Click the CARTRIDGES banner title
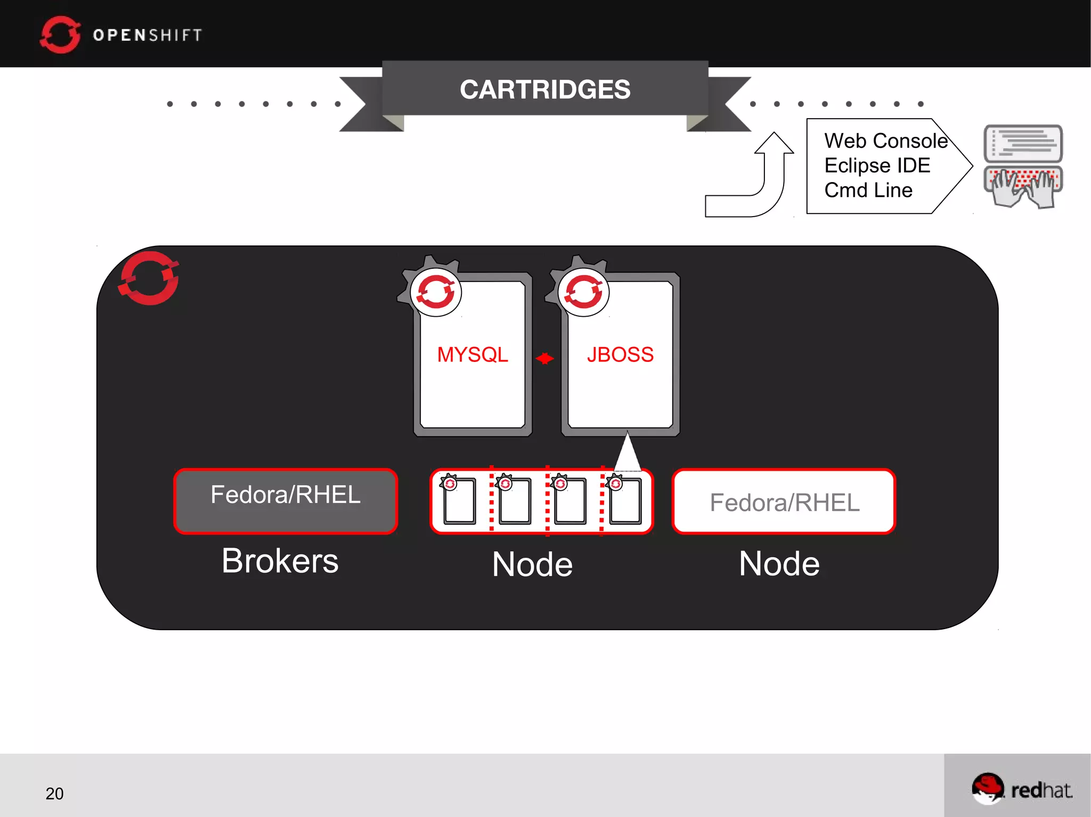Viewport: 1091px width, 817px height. (545, 89)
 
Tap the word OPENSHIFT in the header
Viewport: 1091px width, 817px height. (148, 35)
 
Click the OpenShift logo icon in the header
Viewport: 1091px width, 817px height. (60, 35)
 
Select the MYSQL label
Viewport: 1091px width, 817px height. (473, 354)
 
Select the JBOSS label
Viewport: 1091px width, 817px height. (620, 354)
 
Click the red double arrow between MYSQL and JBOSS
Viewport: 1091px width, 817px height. (544, 359)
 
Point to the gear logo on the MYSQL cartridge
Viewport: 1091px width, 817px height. (435, 291)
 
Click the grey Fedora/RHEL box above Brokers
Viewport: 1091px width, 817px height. (286, 500)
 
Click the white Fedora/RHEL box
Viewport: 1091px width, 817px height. (784, 502)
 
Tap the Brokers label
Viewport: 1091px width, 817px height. (280, 561)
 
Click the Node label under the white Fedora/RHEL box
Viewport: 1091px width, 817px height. (779, 564)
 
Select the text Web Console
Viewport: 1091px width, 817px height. (886, 141)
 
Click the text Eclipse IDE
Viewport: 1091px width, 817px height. (877, 166)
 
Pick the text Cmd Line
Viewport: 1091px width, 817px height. (868, 190)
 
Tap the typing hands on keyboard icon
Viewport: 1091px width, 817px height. (1023, 186)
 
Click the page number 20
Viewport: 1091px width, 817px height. (54, 794)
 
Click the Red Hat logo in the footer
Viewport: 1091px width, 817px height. (1022, 788)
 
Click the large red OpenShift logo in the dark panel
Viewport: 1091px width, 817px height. (149, 278)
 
